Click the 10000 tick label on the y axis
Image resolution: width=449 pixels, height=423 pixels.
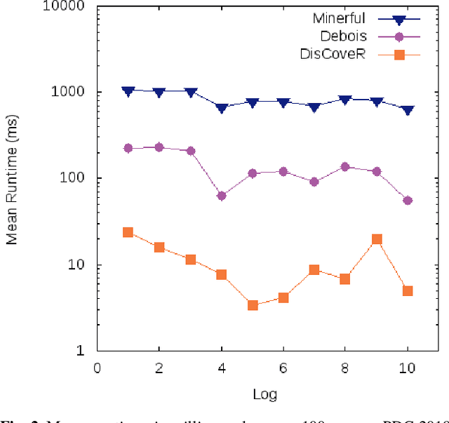pos(66,6)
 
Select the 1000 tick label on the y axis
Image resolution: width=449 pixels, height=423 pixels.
pos(69,93)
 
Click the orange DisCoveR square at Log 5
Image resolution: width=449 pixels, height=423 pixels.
pos(253,305)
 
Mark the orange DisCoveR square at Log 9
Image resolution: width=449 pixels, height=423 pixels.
pos(377,239)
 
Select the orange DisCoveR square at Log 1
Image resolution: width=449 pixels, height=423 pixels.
pos(128,232)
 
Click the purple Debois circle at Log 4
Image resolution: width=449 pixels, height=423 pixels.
pos(222,196)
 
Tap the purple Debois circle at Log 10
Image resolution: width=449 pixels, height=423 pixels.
pos(408,201)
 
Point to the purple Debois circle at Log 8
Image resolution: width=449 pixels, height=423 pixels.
pos(345,167)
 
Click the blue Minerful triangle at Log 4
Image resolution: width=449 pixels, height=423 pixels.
pos(222,108)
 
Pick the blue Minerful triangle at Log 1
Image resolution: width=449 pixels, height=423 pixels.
pos(128,91)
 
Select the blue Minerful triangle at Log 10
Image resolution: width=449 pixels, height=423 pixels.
pos(408,110)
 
